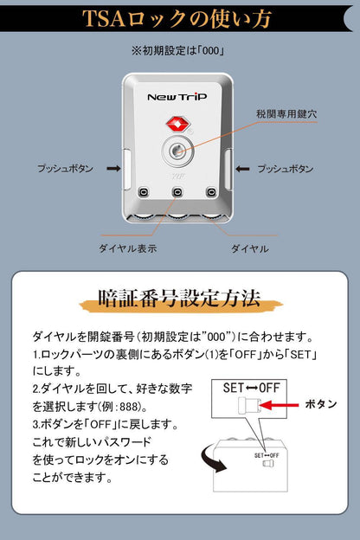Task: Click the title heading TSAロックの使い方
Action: pos(177,18)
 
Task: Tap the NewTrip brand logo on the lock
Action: pos(177,97)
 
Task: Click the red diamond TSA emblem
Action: pos(177,125)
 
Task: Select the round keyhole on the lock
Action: pos(177,151)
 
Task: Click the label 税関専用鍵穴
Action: pos(286,114)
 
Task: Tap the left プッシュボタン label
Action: pos(66,169)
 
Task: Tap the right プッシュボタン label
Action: pos(286,169)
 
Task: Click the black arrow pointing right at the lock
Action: pos(113,169)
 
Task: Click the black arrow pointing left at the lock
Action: pos(242,169)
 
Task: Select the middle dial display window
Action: pos(177,191)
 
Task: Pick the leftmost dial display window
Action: pos(144,191)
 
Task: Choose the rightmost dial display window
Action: pos(211,191)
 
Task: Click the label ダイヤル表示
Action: pos(128,248)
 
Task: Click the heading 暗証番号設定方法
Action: pos(179,299)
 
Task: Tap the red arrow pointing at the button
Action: pos(280,405)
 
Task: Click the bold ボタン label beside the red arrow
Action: pos(321,403)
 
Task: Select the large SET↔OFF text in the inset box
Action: pos(252,388)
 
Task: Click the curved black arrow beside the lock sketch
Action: pos(213,457)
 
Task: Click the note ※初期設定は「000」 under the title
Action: pos(178,51)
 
